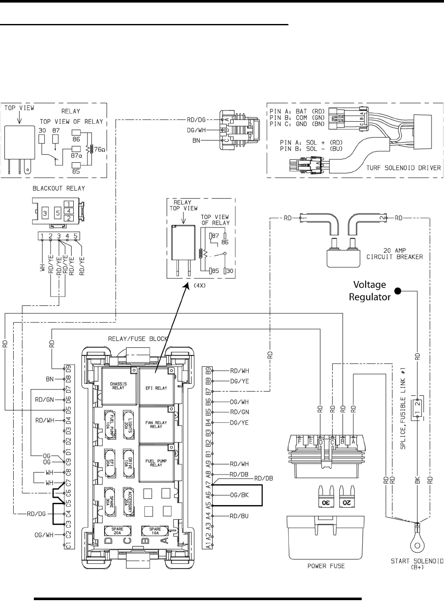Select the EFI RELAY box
tap(156, 386)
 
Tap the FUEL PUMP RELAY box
tap(156, 463)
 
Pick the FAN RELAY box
tap(156, 425)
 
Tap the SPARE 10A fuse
tap(155, 530)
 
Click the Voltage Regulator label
tap(369, 291)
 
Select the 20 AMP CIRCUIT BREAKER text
tap(394, 254)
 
